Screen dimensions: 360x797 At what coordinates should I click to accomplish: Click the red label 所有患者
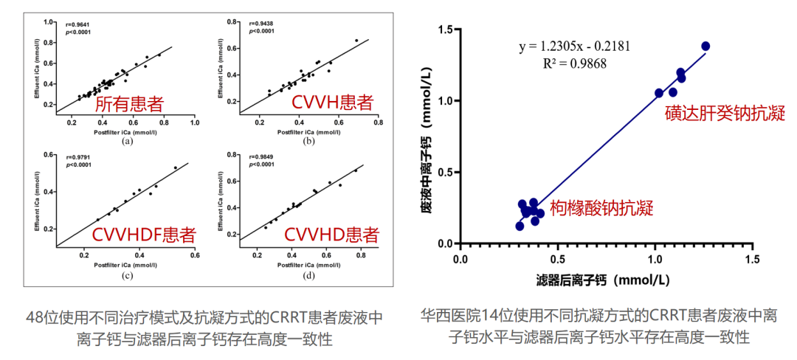[x=128, y=104]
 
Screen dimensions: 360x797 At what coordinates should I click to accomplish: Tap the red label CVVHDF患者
[x=144, y=235]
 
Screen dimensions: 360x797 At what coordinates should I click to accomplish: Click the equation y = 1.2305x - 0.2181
[x=575, y=47]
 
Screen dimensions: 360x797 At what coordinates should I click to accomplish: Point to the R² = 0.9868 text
[x=574, y=63]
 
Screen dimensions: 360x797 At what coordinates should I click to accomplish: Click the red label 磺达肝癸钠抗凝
[x=723, y=114]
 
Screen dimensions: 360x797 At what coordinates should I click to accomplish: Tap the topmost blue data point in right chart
[x=705, y=46]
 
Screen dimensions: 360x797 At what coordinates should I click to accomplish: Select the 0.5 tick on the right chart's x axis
[x=557, y=260]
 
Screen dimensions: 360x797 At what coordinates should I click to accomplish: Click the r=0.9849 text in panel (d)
[x=261, y=157]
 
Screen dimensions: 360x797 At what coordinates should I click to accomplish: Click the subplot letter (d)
[x=308, y=276]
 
